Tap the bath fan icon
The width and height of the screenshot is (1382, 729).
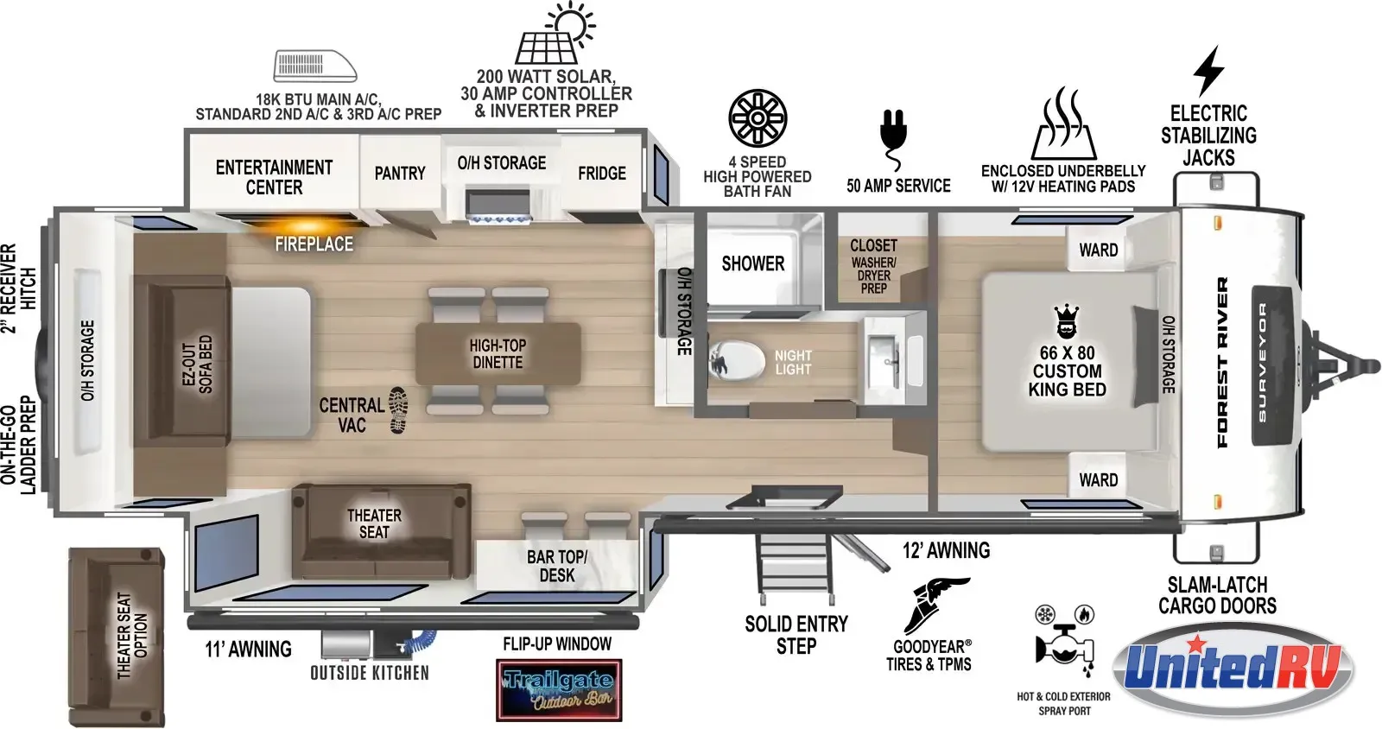pos(758,117)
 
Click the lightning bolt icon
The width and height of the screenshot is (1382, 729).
pos(1208,71)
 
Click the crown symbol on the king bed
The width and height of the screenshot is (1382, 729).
pos(1066,320)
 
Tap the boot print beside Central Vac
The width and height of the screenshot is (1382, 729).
pos(398,410)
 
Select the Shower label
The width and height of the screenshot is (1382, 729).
pos(752,264)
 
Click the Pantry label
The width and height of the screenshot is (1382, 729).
pos(400,174)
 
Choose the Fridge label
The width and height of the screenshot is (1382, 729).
pos(601,174)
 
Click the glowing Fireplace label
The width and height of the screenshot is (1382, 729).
pos(314,244)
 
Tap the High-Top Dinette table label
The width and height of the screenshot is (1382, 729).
pos(498,354)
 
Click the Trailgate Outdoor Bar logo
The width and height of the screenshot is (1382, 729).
pos(559,689)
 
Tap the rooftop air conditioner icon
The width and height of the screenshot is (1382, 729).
pos(314,66)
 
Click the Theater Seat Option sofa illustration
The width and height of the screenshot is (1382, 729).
pos(117,637)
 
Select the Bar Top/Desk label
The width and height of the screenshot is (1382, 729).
pos(556,566)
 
